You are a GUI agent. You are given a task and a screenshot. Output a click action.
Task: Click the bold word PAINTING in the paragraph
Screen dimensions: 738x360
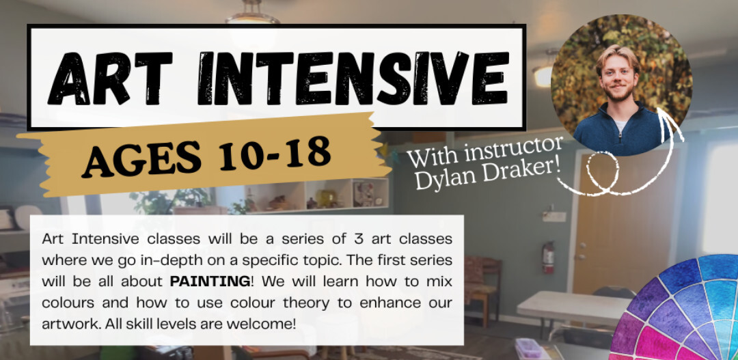coord(210,281)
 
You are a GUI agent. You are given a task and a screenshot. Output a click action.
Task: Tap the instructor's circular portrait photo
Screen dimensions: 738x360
coord(621,85)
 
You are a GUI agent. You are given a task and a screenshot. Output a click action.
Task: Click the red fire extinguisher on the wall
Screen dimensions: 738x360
coord(548,258)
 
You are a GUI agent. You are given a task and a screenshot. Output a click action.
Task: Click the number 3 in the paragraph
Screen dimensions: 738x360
coord(355,239)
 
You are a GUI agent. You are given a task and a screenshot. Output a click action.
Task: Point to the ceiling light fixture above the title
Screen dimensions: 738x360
coord(252,13)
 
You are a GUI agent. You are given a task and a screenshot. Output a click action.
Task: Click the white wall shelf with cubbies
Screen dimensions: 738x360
coord(320,196)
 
